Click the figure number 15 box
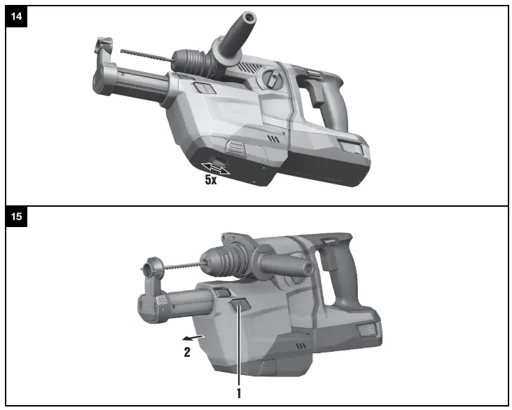(x=16, y=217)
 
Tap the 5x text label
(x=211, y=180)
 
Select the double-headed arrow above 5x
(x=216, y=168)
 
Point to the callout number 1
(x=239, y=393)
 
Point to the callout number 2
(x=186, y=353)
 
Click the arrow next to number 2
(x=200, y=338)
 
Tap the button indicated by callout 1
(x=239, y=306)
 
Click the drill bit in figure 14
(x=144, y=53)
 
